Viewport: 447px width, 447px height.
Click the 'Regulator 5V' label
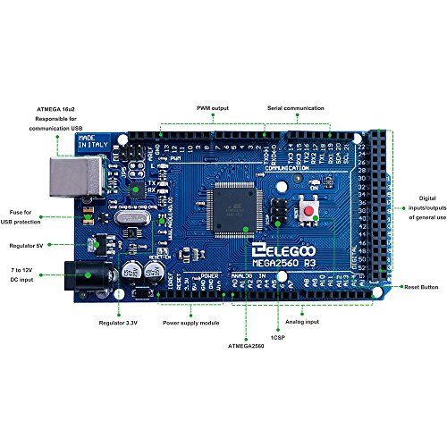pos(29,242)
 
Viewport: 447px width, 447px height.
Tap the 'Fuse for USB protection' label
pos(29,209)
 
